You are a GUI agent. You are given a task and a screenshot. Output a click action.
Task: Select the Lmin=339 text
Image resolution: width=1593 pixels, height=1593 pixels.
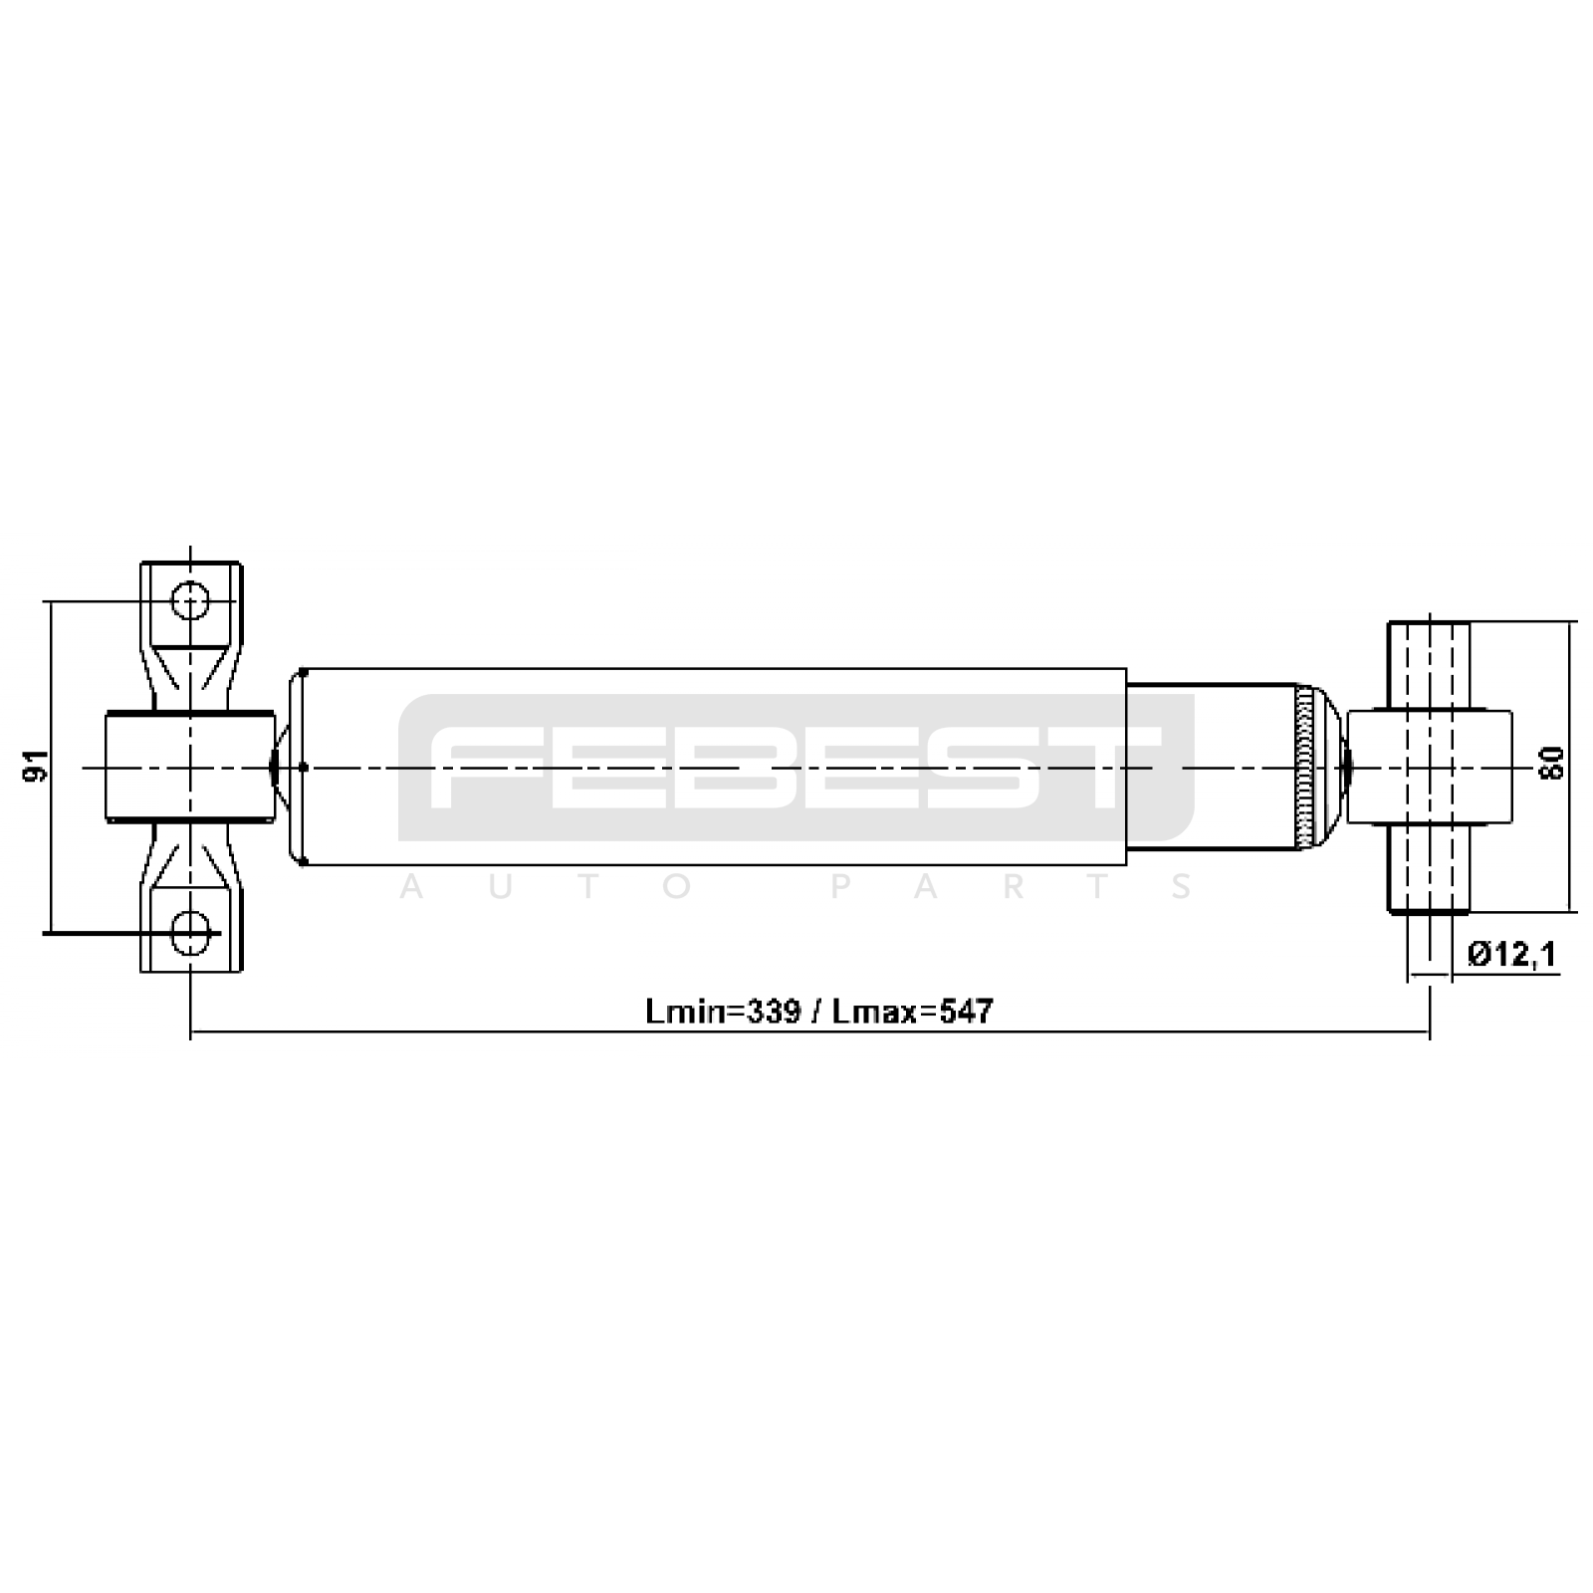point(723,1012)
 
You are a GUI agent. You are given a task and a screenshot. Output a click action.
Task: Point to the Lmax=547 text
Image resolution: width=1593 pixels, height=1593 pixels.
point(913,1012)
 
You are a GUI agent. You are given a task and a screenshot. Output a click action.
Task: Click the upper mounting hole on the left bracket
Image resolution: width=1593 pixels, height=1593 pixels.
point(189,601)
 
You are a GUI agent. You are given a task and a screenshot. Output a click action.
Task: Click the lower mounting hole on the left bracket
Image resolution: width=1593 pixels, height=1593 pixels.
point(189,932)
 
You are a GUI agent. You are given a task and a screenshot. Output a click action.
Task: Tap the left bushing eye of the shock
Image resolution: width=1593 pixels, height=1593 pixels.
point(189,767)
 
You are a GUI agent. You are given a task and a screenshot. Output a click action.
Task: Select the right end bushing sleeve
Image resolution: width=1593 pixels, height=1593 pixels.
point(1430,767)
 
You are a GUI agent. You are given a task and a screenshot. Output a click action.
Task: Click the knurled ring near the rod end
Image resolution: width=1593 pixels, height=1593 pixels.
point(1304,767)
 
